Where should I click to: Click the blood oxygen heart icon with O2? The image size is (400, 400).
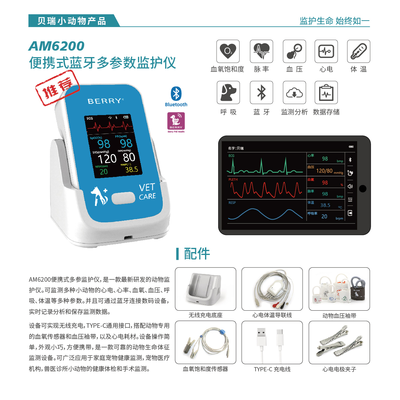coord(228,51)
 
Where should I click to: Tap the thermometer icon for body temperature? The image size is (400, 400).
coord(358,51)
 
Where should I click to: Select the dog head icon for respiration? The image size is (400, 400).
coord(228,93)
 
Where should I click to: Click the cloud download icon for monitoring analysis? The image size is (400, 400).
coord(294,93)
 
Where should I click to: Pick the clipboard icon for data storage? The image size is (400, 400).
coord(326,93)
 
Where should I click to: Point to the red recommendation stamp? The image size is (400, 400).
coord(57,88)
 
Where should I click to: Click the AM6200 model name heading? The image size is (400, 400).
coord(56,46)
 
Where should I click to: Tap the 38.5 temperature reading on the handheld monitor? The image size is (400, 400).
coord(132,170)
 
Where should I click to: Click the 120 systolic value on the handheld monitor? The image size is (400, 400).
coord(107,159)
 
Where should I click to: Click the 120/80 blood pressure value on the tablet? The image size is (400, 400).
coord(324,171)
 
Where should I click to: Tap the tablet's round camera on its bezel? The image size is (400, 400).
coord(363,189)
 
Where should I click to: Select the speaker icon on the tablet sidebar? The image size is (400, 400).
coord(350,186)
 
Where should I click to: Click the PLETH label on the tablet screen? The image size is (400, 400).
coord(233,180)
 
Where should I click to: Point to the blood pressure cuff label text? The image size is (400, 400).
coord(339,316)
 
